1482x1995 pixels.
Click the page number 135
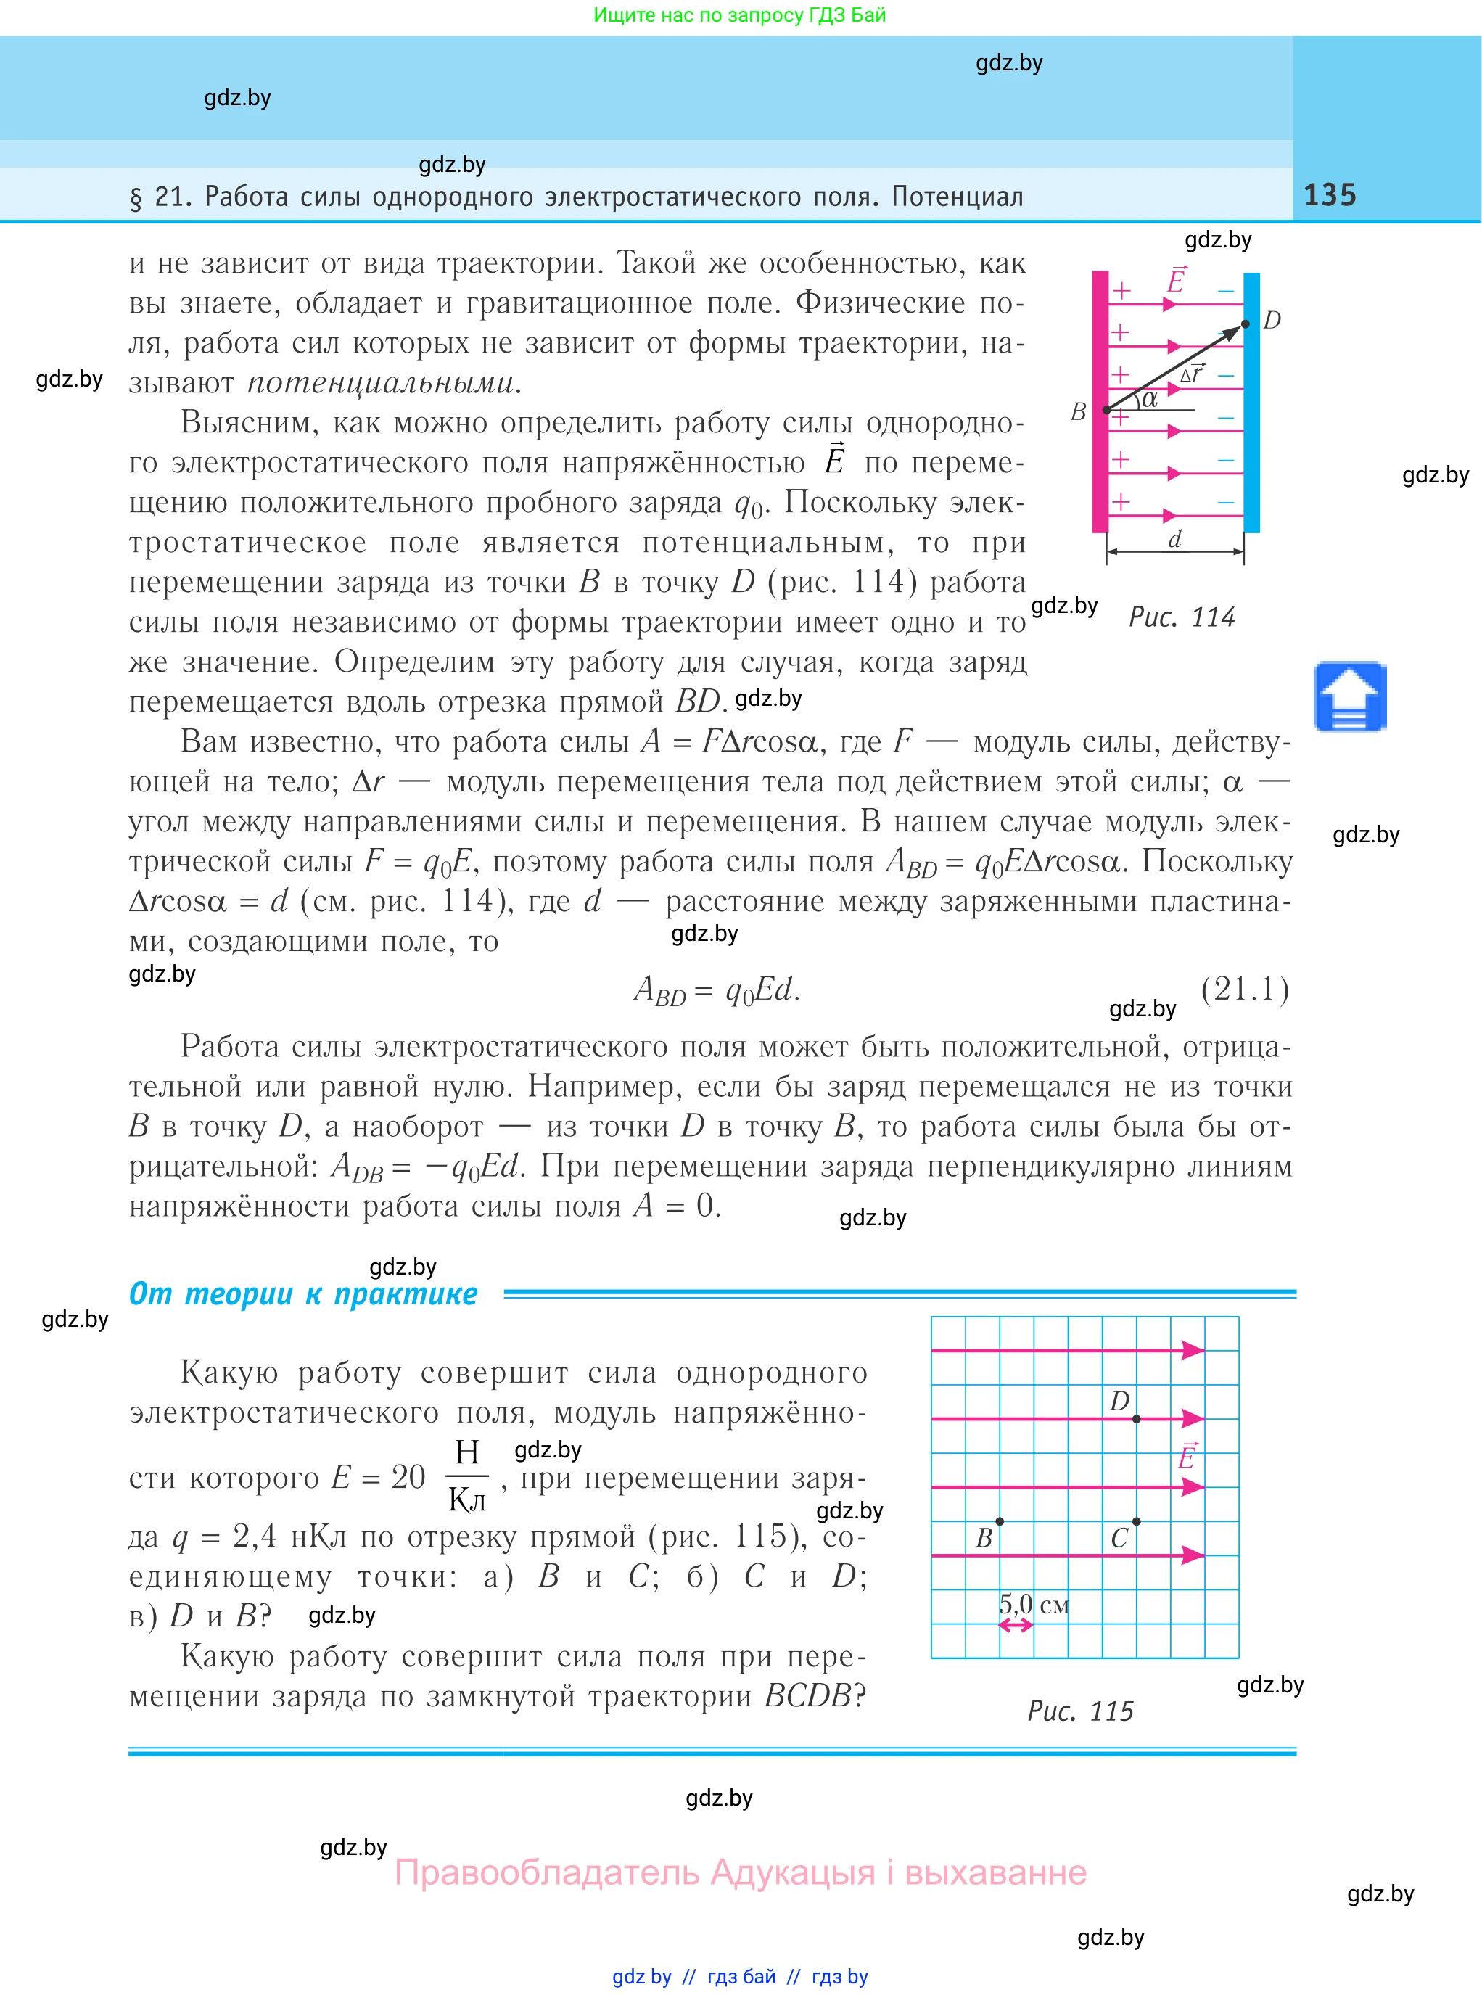tap(1330, 194)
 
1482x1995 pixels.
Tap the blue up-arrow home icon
tap(1350, 697)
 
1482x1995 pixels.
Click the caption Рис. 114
tap(1182, 617)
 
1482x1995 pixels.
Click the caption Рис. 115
tap(1080, 1711)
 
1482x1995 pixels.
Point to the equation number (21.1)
tap(1246, 989)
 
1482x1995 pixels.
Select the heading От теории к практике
tap(303, 1293)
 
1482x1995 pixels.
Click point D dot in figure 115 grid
tap(1137, 1418)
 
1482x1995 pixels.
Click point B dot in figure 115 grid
tap(1000, 1521)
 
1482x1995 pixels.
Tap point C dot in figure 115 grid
tap(1137, 1521)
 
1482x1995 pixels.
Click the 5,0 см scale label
tap(1034, 1603)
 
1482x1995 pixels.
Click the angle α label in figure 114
tap(1149, 398)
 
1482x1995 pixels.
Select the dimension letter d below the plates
tap(1174, 538)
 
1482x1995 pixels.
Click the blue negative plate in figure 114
tap(1251, 403)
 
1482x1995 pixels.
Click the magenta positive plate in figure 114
tap(1100, 403)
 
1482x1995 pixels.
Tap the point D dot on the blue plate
tap(1246, 324)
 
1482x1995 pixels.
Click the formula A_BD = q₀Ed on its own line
tap(716, 990)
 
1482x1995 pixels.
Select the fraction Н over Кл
tap(467, 1476)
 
